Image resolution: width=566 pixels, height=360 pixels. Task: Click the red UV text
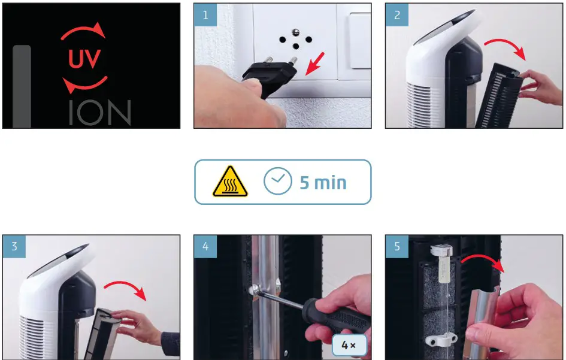(x=84, y=58)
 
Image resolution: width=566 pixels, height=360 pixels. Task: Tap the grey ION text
(x=100, y=113)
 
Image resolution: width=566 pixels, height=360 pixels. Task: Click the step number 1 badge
(x=205, y=15)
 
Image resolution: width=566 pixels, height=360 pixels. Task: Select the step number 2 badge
(x=397, y=15)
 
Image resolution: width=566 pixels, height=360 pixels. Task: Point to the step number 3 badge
(x=14, y=246)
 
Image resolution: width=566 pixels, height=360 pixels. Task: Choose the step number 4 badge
(x=205, y=246)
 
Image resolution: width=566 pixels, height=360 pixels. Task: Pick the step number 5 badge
(x=397, y=246)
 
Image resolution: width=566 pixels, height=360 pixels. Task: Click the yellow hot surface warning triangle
(x=231, y=181)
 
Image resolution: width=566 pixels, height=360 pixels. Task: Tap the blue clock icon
(x=277, y=181)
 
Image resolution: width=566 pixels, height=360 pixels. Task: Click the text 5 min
(x=323, y=183)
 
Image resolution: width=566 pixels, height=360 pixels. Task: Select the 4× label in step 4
(x=349, y=345)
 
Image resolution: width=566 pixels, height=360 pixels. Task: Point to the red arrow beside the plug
(x=315, y=64)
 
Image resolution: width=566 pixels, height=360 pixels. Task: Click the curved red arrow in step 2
(x=505, y=43)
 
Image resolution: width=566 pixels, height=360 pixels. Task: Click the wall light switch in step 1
(x=360, y=41)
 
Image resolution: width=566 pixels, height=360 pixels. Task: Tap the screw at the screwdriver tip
(x=254, y=289)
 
